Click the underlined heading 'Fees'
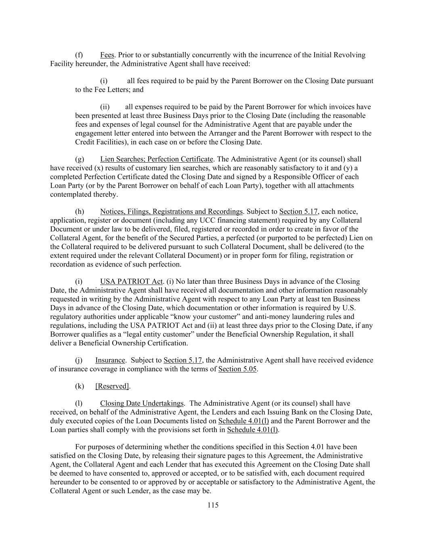tap(107, 55)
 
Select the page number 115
tap(213, 505)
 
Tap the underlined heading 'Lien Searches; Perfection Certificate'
tap(156, 159)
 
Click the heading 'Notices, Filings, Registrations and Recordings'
tap(171, 212)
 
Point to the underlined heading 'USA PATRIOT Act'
tap(131, 281)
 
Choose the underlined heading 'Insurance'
tap(110, 360)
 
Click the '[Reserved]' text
tap(112, 386)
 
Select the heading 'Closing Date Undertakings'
tap(142, 403)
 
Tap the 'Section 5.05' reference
tap(237, 369)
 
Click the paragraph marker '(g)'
tap(79, 159)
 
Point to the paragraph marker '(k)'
tap(80, 386)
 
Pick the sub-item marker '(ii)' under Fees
tap(105, 107)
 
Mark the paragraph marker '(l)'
tap(79, 403)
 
